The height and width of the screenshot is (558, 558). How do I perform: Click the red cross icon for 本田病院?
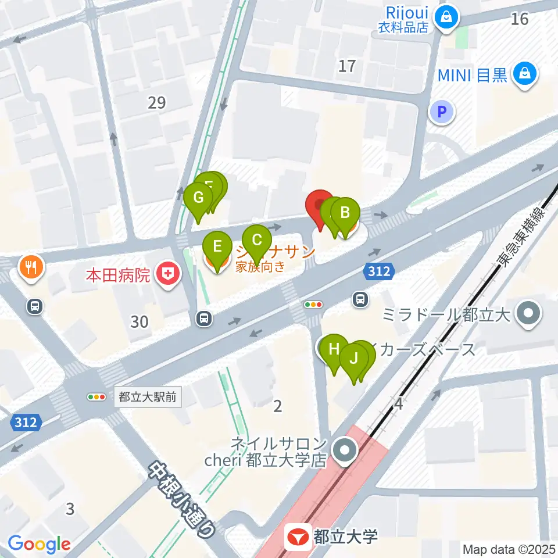pos(169,274)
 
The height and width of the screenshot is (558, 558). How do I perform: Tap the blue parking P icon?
pos(442,112)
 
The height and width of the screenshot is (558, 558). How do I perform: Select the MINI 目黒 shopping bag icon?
pos(525,74)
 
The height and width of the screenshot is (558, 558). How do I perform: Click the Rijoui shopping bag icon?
pos(447,17)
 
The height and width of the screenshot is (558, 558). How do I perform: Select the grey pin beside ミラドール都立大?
pos(529,315)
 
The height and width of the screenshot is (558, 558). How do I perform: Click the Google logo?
pos(39,544)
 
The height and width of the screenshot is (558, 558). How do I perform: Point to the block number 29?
pos(157,103)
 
